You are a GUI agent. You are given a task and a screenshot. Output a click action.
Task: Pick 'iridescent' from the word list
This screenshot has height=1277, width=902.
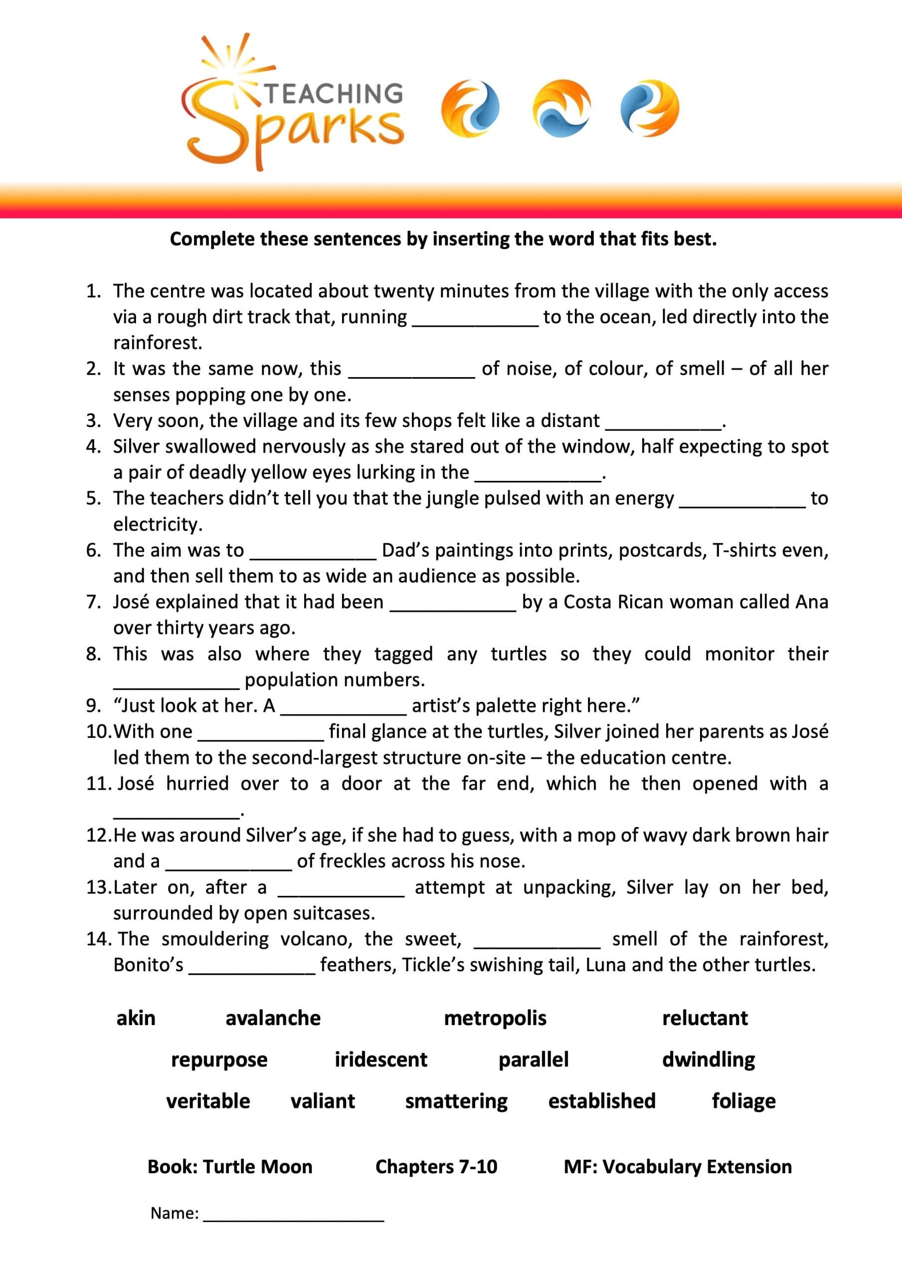point(381,1060)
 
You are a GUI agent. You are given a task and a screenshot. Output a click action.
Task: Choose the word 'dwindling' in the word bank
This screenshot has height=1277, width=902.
point(709,1060)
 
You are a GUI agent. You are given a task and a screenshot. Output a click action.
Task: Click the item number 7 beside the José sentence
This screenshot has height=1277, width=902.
point(93,602)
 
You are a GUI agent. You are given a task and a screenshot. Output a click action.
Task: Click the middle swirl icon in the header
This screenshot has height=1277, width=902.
point(561,108)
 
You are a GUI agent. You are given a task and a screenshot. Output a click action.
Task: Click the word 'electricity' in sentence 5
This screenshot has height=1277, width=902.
point(158,524)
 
